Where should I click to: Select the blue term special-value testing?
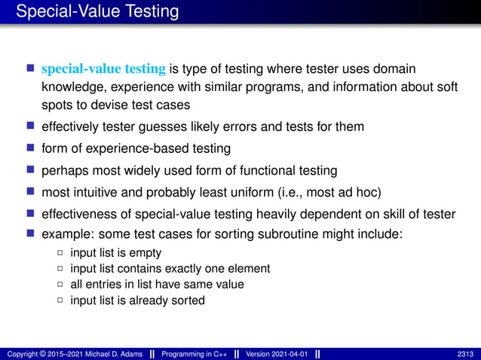pos(103,69)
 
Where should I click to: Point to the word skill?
pos(399,214)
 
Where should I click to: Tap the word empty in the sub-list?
pos(147,253)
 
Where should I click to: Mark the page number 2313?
pos(466,354)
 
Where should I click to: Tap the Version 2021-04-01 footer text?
pos(276,354)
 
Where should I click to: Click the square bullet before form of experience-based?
pos(31,148)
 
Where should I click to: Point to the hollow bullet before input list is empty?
pos(60,253)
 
